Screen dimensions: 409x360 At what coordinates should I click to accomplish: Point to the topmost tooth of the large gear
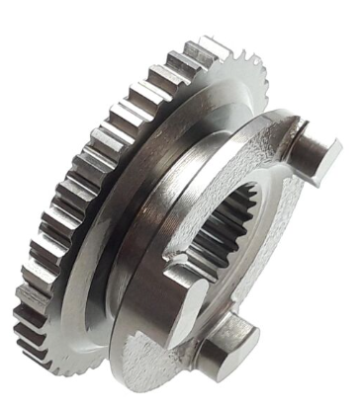pos(211,44)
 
